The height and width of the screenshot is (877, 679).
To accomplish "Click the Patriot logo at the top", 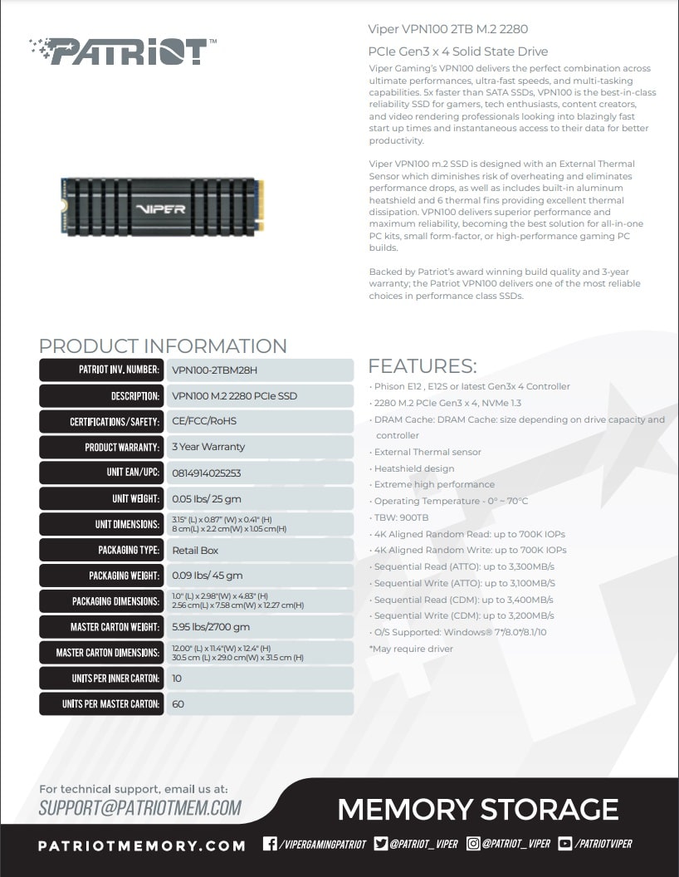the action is (123, 51).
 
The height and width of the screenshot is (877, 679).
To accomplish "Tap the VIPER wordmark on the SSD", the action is (160, 208).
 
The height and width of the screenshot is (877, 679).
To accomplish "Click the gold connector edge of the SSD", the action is (259, 206).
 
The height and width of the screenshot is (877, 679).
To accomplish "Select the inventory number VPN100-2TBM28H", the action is (215, 370).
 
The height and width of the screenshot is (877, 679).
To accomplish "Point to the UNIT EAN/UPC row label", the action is (133, 472).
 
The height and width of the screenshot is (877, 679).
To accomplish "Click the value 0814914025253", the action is (206, 473).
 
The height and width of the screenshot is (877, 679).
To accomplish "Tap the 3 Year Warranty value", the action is (208, 447).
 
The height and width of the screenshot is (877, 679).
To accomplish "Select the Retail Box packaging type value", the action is (195, 551).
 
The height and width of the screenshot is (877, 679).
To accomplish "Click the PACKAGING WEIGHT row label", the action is (124, 576).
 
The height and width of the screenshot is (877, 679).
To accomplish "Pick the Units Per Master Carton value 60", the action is (178, 704).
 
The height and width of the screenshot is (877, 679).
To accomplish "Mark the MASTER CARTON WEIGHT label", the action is (115, 627).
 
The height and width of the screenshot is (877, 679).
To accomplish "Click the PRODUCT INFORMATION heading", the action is (163, 346).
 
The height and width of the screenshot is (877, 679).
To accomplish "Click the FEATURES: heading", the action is (423, 366).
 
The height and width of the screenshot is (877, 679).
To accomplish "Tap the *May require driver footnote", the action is (411, 649).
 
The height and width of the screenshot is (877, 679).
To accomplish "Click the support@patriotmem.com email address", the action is (140, 807).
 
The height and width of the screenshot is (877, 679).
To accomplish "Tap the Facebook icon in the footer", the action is (270, 844).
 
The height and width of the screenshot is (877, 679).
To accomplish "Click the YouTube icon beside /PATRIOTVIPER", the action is (565, 844).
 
